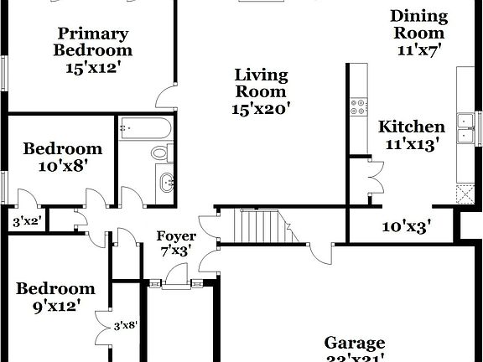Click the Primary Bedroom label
(93, 42)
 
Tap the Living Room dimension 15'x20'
(260, 108)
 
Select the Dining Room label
(418, 24)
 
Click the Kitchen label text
(412, 127)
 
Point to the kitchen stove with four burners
(359, 106)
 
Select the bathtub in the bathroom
(146, 129)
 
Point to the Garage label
(355, 343)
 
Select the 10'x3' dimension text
(406, 225)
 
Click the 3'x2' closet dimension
(27, 222)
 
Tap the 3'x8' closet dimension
(125, 324)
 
